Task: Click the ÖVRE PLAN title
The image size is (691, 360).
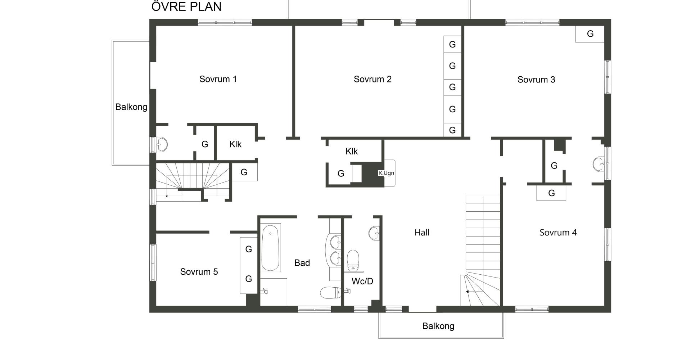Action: (186, 6)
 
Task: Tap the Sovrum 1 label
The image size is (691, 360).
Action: (218, 79)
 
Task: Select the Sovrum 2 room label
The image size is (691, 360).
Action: (372, 79)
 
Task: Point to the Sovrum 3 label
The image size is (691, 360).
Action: (536, 80)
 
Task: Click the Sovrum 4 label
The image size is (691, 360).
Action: (558, 233)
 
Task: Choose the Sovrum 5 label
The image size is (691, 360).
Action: (199, 272)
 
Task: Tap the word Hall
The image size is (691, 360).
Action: (422, 233)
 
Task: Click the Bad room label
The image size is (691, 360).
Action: (302, 263)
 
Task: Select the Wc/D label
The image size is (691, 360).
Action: (362, 281)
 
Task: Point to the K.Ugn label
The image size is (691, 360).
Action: (386, 173)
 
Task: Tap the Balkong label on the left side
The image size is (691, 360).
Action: (131, 107)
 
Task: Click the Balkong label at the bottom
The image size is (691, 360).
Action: (438, 326)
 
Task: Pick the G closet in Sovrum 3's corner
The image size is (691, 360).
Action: (590, 34)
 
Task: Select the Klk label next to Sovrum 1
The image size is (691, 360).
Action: (235, 144)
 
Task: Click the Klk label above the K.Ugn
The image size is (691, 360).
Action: (352, 152)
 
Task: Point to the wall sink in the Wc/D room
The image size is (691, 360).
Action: (374, 233)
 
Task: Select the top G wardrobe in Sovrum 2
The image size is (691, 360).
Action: (452, 44)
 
